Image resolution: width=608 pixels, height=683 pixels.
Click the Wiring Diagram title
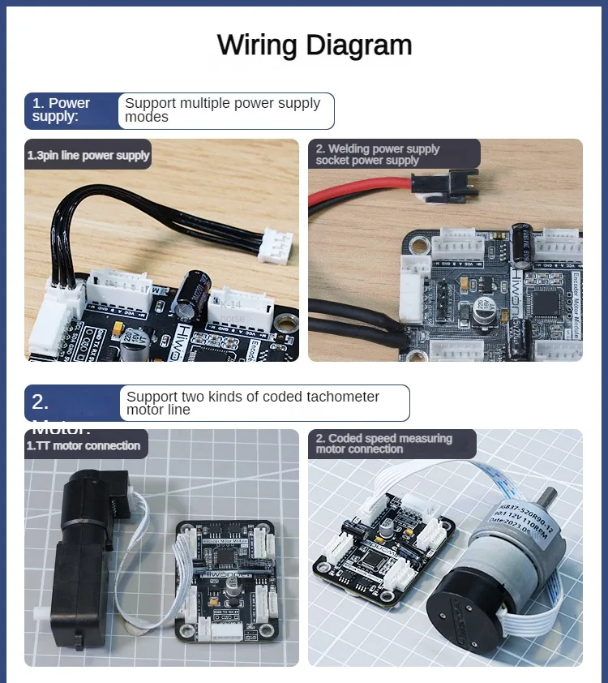315,45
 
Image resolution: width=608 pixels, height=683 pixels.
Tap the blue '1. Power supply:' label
62,110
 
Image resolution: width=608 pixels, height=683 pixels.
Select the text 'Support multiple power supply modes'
223,110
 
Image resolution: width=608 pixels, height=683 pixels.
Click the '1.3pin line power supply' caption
88,156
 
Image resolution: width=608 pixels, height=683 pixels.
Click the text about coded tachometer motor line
253,403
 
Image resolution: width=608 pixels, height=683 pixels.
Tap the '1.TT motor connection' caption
83,445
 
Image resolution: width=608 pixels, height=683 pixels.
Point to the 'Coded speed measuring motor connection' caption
384,444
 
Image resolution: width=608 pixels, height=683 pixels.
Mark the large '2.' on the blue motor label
41,402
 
